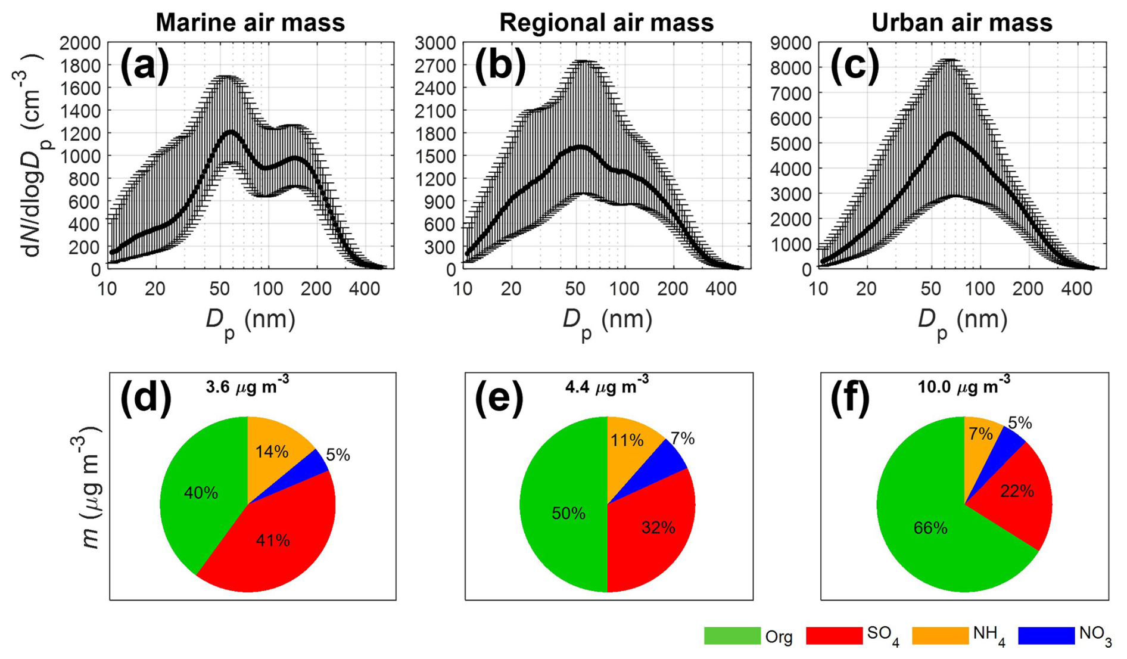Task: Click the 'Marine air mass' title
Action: tap(250, 23)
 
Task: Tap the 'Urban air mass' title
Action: tap(961, 23)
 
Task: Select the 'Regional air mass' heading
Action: tap(606, 23)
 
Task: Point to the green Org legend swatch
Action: tap(732, 635)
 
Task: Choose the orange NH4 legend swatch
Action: tap(940, 635)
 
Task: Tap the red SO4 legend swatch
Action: tap(834, 635)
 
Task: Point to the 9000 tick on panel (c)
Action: tap(791, 43)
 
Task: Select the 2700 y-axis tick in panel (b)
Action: tap(435, 66)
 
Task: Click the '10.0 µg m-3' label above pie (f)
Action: tap(964, 387)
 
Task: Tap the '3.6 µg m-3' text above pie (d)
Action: tap(247, 387)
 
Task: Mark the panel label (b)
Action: tap(500, 64)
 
